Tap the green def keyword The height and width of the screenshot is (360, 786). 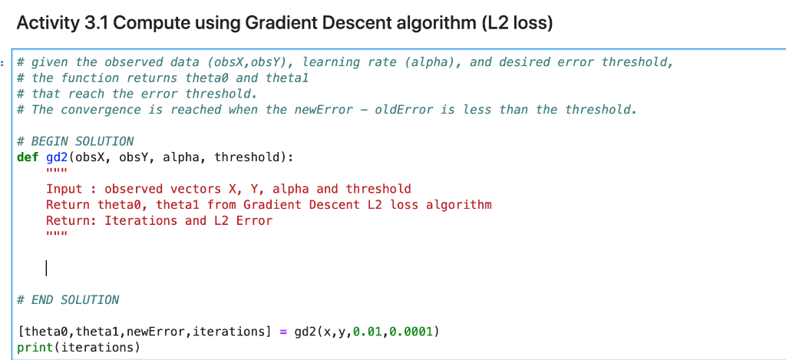28,157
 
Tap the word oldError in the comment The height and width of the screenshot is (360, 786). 405,109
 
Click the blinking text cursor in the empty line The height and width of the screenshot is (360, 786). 47,268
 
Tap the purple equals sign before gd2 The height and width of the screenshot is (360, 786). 282,332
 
